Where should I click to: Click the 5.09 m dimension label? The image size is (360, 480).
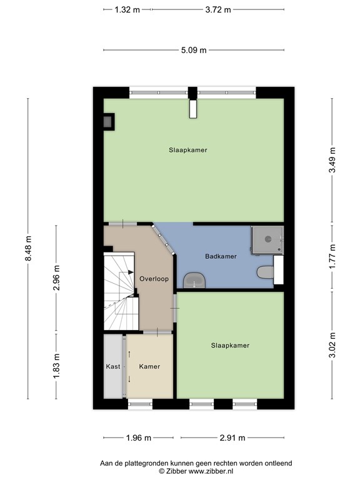[x=194, y=51]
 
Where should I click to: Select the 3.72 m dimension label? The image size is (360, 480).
[x=218, y=9]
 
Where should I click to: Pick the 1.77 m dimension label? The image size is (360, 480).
[x=332, y=257]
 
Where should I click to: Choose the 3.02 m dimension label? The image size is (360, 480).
[x=332, y=346]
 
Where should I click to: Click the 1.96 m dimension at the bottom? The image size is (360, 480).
[x=138, y=437]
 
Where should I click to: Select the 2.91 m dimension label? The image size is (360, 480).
[x=231, y=437]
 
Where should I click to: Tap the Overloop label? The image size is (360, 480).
[x=153, y=278]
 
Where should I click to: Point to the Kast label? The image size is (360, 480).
[x=113, y=367]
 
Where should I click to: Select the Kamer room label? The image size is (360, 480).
[x=149, y=367]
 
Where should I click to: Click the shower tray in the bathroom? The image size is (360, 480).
[x=267, y=241]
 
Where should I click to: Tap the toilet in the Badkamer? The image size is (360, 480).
[x=265, y=273]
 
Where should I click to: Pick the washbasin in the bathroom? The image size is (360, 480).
[x=196, y=281]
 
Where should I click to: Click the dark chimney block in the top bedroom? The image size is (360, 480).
[x=109, y=121]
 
